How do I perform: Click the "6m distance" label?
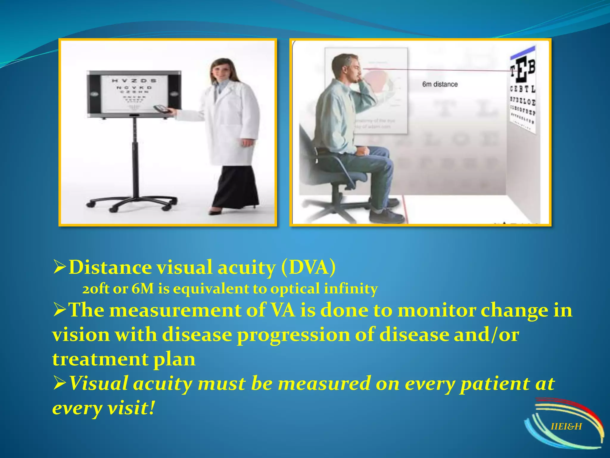[x=440, y=84]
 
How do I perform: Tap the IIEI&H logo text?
[x=566, y=426]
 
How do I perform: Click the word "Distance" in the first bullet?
[x=110, y=267]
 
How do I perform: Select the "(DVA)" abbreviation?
[x=308, y=267]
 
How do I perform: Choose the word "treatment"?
[x=100, y=359]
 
